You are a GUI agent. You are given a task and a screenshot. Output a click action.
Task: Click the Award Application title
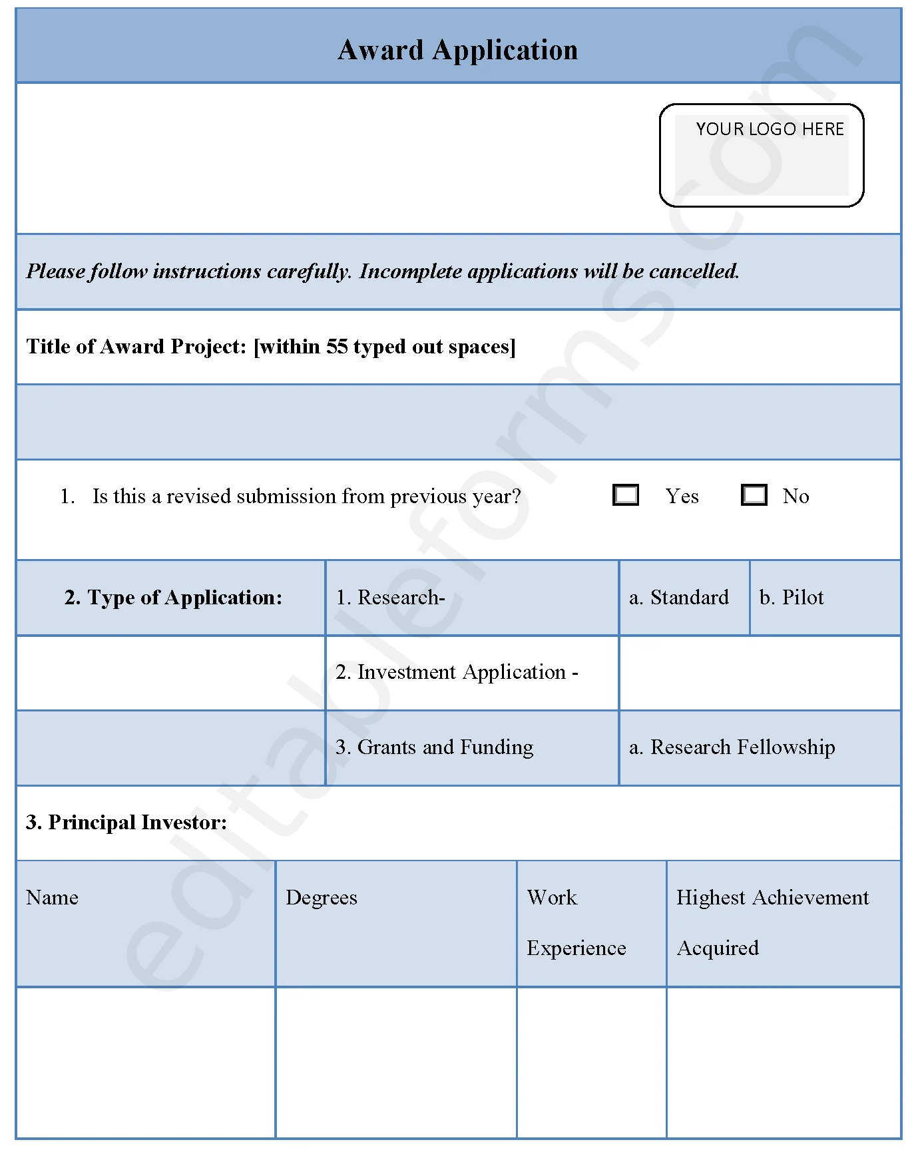(x=457, y=50)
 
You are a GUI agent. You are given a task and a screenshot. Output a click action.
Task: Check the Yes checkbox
(x=626, y=495)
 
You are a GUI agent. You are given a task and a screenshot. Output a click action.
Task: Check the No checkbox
(x=754, y=495)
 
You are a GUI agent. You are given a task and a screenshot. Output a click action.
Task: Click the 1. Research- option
(x=390, y=598)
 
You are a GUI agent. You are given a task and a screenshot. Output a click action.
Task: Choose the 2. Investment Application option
(x=457, y=672)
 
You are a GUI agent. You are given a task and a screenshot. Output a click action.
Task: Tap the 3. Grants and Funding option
(x=434, y=747)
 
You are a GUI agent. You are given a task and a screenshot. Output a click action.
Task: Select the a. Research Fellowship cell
(x=732, y=747)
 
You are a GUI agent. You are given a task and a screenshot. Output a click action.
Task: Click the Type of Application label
(x=173, y=598)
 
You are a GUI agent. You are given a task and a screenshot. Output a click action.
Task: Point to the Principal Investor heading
(x=126, y=823)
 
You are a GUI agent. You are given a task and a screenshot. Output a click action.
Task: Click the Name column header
(x=53, y=898)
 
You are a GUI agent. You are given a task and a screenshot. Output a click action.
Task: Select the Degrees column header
(x=322, y=898)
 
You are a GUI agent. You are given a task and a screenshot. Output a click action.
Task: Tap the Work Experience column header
(x=576, y=922)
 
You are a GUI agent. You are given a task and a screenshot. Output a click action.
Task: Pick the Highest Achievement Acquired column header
(x=772, y=922)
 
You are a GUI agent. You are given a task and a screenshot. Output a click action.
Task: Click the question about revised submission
(x=306, y=496)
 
